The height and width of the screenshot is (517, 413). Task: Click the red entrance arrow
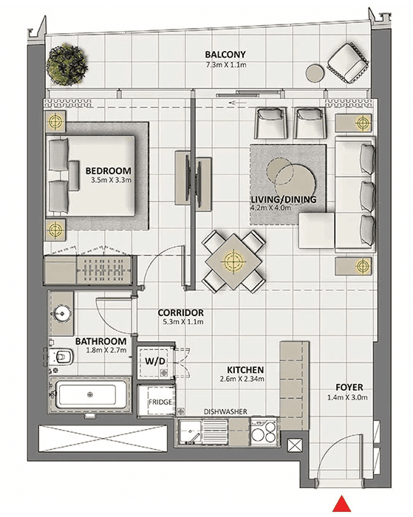click(341, 504)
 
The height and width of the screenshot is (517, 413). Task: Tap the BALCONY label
click(225, 55)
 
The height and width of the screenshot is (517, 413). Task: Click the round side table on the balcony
click(315, 73)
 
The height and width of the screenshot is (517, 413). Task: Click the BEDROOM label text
click(108, 171)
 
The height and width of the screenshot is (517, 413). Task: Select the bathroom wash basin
click(61, 312)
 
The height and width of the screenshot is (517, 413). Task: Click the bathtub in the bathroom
click(89, 394)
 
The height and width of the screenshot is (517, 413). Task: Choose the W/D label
click(155, 361)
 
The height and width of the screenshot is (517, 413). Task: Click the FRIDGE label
click(160, 403)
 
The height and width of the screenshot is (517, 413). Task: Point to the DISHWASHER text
click(225, 411)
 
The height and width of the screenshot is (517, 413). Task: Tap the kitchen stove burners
click(264, 432)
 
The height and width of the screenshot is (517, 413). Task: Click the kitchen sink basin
click(190, 431)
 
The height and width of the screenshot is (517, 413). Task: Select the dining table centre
click(233, 261)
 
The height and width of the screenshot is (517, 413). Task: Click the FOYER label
click(349, 388)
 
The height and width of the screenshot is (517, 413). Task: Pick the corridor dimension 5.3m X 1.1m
click(183, 322)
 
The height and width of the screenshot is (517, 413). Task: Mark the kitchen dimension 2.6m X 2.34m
click(242, 379)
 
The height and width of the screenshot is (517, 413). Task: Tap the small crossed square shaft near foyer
click(295, 445)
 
